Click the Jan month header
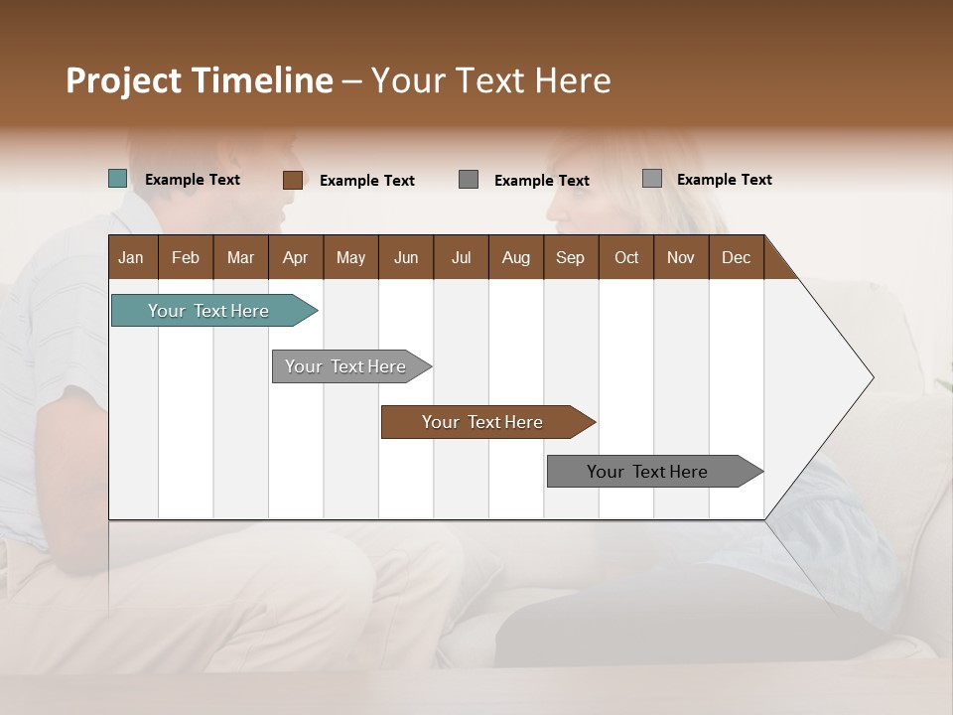[x=131, y=257]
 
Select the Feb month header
[x=186, y=257]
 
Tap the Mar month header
[x=240, y=257]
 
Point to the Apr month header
[x=295, y=257]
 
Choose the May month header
[x=350, y=257]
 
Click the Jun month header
[x=406, y=257]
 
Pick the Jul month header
[x=461, y=257]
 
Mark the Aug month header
[x=515, y=257]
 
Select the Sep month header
[x=570, y=257]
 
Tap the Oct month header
[x=626, y=257]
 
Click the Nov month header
[x=681, y=257]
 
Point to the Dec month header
[x=736, y=257]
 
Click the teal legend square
[x=118, y=179]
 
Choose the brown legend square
[x=292, y=180]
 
